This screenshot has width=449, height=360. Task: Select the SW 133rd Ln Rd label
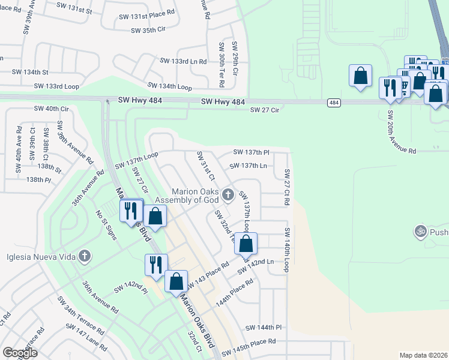pyautogui.click(x=183, y=61)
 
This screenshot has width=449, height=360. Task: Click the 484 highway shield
pyautogui.click(x=333, y=103)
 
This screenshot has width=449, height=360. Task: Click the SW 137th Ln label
pyautogui.click(x=248, y=166)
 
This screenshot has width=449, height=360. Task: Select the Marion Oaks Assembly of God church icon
pyautogui.click(x=227, y=194)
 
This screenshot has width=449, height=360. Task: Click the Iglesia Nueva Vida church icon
pyautogui.click(x=85, y=257)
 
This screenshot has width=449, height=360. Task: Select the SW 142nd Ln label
pyautogui.click(x=255, y=266)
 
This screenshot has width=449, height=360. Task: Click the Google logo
pyautogui.click(x=20, y=352)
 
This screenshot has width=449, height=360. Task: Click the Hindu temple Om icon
pyautogui.click(x=420, y=230)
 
